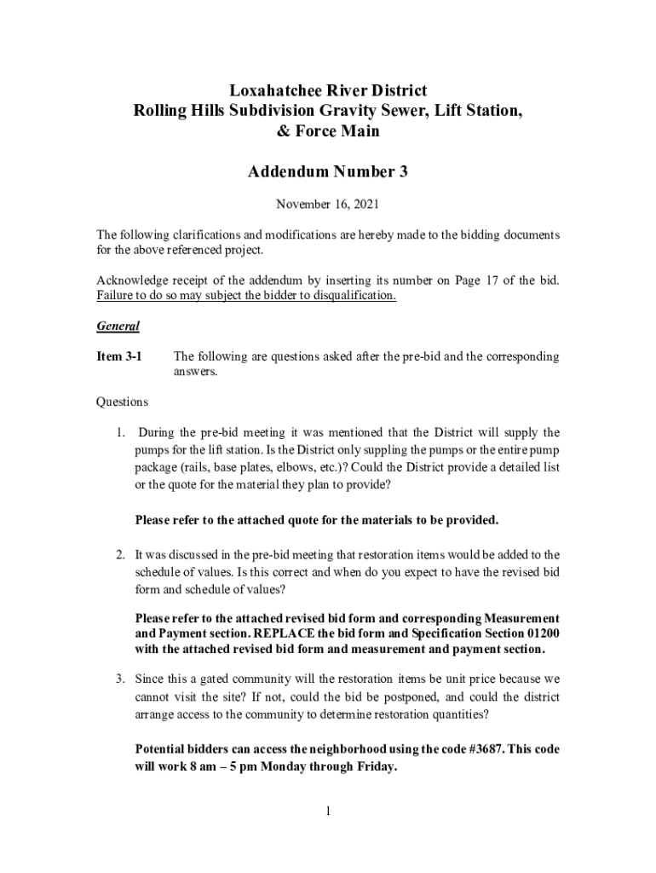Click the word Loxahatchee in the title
[x=275, y=90]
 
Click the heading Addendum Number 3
[x=327, y=172]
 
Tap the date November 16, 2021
[x=327, y=205]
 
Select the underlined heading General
[x=118, y=326]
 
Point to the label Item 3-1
[x=118, y=356]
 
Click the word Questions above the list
[x=122, y=402]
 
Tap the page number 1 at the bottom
[x=327, y=809]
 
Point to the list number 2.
[x=121, y=555]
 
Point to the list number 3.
[x=121, y=679]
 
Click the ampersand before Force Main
[x=283, y=131]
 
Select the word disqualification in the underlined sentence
[x=350, y=296]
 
